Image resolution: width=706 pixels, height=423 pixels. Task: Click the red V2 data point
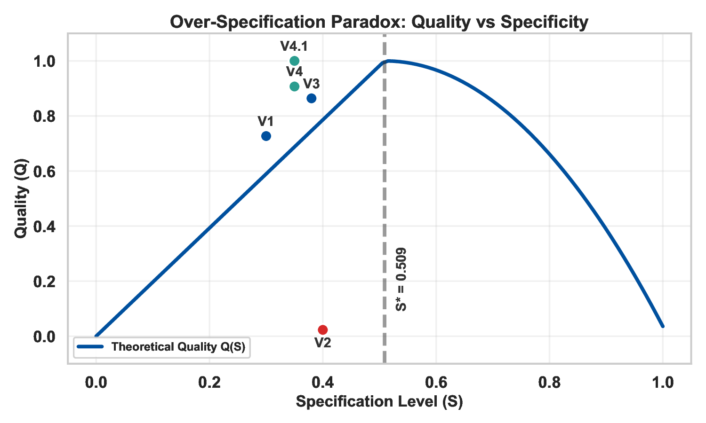click(x=322, y=330)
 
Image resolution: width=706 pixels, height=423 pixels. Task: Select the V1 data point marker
click(x=266, y=136)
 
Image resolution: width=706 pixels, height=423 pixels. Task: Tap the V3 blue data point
click(x=311, y=98)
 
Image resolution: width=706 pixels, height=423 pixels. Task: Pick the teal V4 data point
click(x=294, y=86)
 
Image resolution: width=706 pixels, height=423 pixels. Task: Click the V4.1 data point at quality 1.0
click(x=294, y=61)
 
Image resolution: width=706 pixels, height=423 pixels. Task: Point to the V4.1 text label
click(x=294, y=46)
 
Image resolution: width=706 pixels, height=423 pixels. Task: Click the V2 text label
click(x=322, y=343)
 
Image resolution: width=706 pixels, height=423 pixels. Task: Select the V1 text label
click(x=265, y=122)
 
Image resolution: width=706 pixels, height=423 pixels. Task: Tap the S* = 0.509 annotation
click(x=401, y=279)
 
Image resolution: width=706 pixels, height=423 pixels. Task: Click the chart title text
click(x=379, y=22)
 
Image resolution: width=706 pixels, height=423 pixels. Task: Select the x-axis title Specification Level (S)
click(x=379, y=402)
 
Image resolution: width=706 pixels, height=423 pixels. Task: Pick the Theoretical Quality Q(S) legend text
click(x=178, y=347)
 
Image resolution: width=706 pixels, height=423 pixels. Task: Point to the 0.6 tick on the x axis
click(x=436, y=383)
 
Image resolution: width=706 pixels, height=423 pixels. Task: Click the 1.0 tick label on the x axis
click(x=663, y=383)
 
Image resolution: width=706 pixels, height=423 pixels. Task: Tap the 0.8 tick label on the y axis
click(x=45, y=116)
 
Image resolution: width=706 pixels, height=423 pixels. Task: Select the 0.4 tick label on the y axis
click(x=45, y=227)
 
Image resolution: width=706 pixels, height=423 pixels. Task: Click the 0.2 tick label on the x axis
click(x=209, y=383)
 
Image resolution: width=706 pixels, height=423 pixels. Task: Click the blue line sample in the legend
click(x=90, y=347)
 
